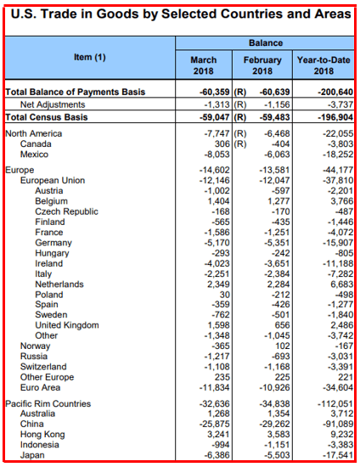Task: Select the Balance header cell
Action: click(266, 43)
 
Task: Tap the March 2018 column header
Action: click(204, 65)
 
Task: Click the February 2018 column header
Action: click(262, 65)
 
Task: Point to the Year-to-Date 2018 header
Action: click(323, 65)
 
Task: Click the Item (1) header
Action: click(90, 57)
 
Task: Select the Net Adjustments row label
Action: click(53, 104)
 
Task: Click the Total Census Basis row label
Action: click(47, 117)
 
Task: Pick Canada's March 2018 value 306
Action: click(222, 143)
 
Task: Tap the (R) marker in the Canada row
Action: click(240, 143)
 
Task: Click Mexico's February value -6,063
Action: click(277, 155)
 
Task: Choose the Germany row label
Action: click(53, 243)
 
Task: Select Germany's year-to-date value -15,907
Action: click(338, 243)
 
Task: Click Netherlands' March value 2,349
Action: click(218, 284)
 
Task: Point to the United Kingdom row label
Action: click(67, 325)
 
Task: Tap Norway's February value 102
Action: click(282, 346)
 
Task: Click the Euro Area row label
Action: click(40, 387)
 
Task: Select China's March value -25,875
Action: click(215, 424)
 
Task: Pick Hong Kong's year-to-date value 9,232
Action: click(342, 434)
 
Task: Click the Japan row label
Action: click(32, 455)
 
